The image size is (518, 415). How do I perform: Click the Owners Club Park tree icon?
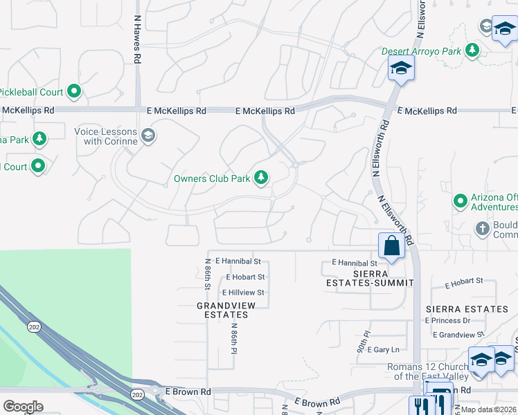(261, 178)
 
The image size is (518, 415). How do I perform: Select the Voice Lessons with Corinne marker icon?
(148, 136)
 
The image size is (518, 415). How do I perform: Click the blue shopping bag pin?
(391, 246)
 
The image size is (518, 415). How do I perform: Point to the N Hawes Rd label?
(137, 48)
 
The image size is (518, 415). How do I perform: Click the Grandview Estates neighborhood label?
(222, 310)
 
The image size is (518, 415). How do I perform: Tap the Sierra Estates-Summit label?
(370, 278)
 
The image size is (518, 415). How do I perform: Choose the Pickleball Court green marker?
(74, 91)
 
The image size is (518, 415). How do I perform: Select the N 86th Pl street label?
(234, 338)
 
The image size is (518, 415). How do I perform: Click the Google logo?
(23, 406)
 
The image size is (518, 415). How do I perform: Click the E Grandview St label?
(458, 335)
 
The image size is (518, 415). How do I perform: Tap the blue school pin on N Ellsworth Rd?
(400, 68)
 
